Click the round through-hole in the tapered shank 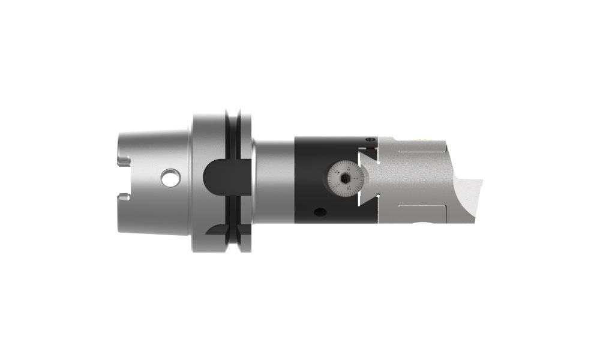click(x=170, y=178)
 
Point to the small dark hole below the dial click(x=319, y=212)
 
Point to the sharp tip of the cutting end click(x=484, y=178)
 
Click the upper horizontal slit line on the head click(x=420, y=152)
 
